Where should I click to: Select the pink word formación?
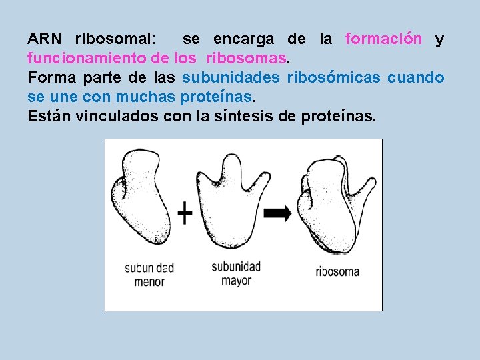coord(383,39)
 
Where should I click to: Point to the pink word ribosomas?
coord(253,59)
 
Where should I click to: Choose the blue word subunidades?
coord(231,78)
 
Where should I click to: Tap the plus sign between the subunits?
coord(185,214)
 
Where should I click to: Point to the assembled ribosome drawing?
coord(333,207)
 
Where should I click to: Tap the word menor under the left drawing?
coord(149,282)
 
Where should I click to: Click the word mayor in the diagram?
coord(236,281)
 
